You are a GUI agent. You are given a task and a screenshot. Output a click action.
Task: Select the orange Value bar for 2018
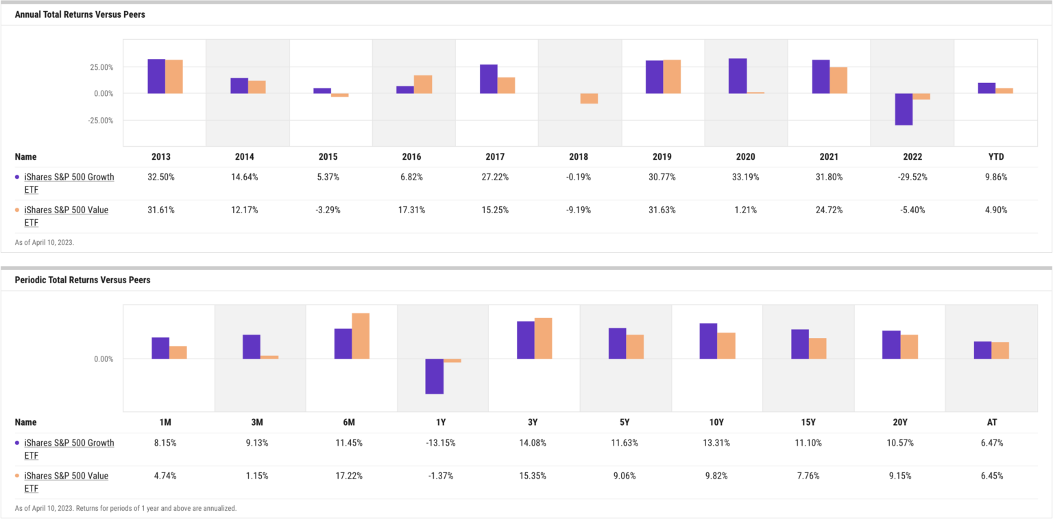[x=589, y=98]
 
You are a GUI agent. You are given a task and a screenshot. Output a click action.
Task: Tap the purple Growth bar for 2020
[x=738, y=75]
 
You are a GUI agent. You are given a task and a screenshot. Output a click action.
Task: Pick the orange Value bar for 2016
[x=423, y=84]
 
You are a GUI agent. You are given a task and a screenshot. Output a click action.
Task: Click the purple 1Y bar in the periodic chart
[x=434, y=376]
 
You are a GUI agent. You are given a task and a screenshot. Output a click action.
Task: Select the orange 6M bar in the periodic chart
[x=361, y=336]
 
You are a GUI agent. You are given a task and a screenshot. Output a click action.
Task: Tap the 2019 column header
[x=663, y=157]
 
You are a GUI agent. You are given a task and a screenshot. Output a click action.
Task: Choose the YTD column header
[x=996, y=157]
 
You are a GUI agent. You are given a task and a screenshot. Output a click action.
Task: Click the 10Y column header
[x=717, y=422]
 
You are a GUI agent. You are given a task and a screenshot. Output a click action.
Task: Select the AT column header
[x=991, y=422]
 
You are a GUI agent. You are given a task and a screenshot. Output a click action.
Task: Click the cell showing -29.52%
[x=912, y=177]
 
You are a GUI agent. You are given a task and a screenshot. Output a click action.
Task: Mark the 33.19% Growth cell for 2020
[x=746, y=177]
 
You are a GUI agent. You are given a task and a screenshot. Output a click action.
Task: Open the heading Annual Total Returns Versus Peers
[x=80, y=14]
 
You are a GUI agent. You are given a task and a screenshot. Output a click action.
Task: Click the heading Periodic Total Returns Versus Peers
[x=82, y=280]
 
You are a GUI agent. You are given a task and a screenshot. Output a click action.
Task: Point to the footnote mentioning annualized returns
[x=125, y=508]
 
